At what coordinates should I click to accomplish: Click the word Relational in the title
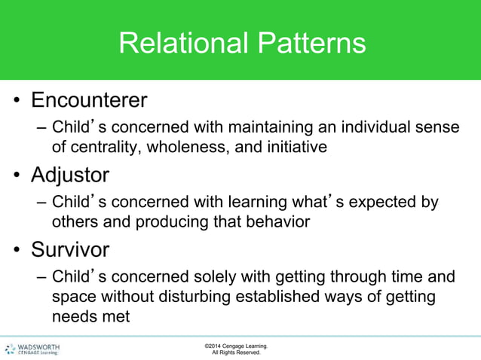178,43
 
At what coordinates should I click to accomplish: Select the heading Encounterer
88,100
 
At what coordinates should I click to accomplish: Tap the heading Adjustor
69,175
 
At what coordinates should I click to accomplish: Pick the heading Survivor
69,249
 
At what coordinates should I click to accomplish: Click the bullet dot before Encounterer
16,102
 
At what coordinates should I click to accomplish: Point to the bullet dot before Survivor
16,251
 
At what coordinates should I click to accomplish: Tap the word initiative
290,147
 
